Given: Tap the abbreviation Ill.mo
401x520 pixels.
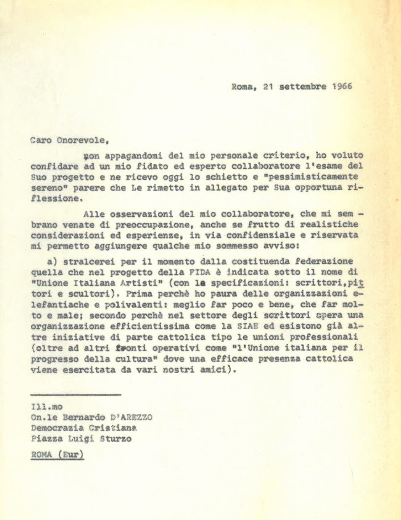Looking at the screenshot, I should tap(42, 407).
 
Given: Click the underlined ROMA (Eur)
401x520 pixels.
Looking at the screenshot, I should tap(57, 454).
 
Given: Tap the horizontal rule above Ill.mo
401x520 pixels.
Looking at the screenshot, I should tap(75, 395).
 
